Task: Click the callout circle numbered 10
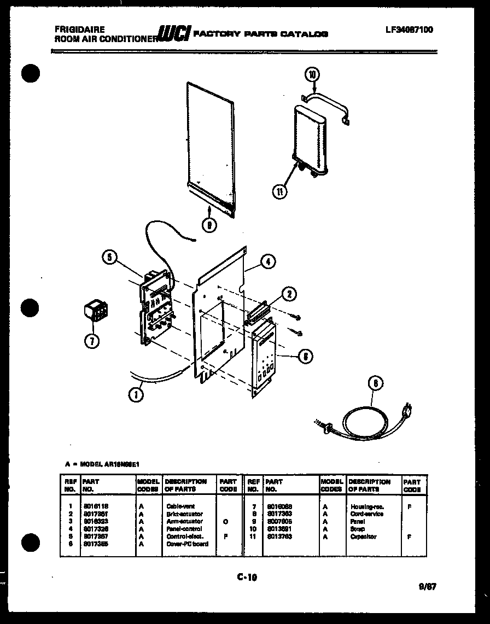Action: [x=313, y=74]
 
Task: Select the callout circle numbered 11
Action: [x=279, y=191]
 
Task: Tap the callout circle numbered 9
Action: [x=208, y=223]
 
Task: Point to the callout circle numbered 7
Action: [x=91, y=341]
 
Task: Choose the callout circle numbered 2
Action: [x=289, y=294]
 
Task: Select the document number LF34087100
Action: [x=409, y=30]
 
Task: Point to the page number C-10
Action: [x=247, y=576]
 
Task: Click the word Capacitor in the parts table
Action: [x=363, y=537]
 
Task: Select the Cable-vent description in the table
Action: [x=180, y=506]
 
